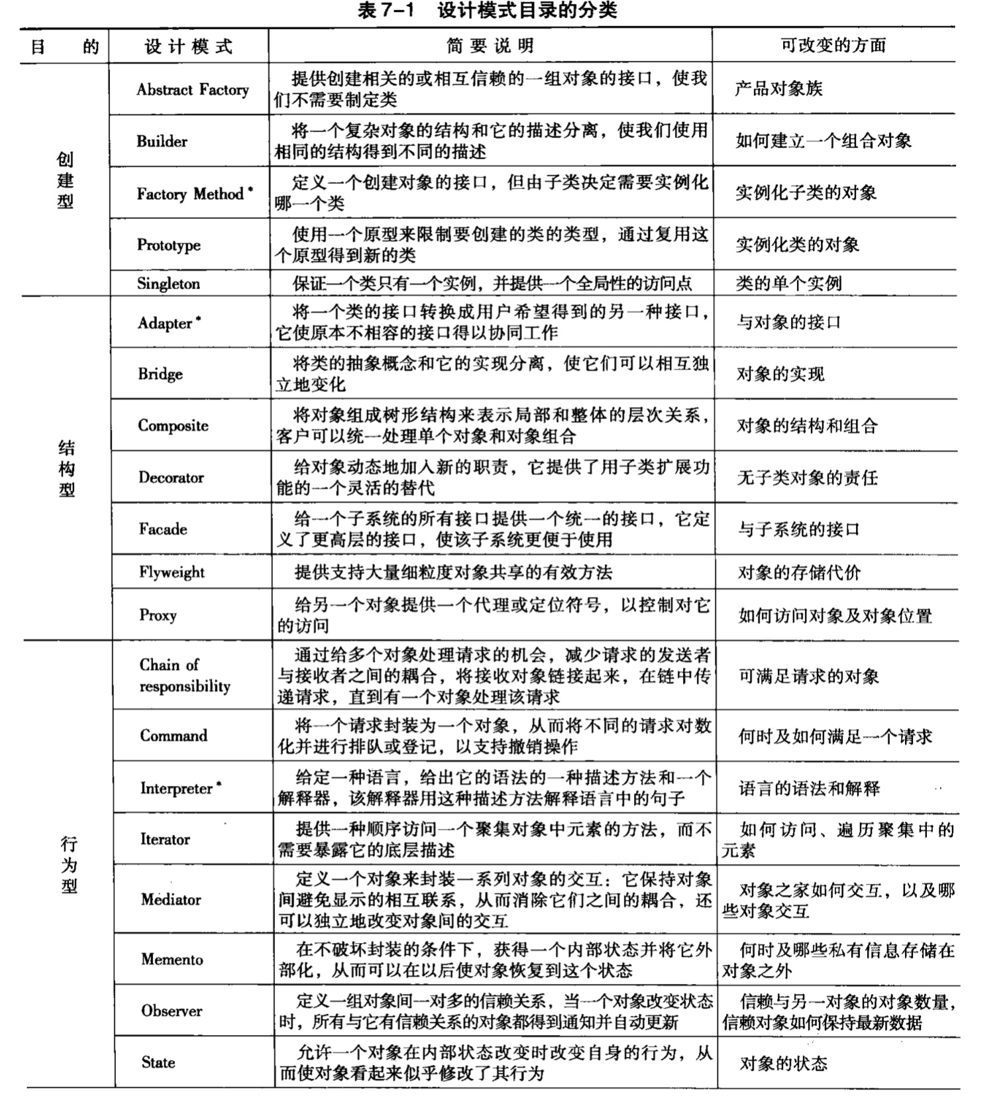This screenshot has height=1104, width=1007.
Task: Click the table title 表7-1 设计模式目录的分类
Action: click(487, 11)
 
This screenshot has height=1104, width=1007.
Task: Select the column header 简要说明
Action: click(490, 46)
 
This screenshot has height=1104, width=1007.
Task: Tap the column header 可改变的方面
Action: click(833, 45)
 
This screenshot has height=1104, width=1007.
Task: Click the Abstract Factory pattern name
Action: click(192, 89)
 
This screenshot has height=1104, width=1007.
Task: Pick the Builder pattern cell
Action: click(162, 141)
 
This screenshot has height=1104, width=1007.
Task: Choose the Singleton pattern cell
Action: click(168, 284)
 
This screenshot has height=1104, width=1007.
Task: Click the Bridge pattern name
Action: click(160, 374)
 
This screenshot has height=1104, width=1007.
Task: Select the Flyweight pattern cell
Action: click(172, 573)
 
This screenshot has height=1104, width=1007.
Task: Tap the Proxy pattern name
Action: click(158, 615)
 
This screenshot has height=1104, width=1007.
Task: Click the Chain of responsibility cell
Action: click(184, 675)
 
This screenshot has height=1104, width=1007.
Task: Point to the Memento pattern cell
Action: click(172, 959)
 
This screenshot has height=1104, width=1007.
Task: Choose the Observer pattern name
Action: click(172, 1011)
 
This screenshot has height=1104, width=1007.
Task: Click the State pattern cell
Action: click(158, 1062)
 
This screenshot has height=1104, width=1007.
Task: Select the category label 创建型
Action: click(65, 180)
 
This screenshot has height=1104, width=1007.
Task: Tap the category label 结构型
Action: click(66, 469)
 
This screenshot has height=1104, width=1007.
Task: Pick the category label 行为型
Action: click(69, 865)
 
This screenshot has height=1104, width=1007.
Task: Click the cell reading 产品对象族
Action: click(778, 89)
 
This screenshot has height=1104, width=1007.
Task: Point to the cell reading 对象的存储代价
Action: click(799, 573)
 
